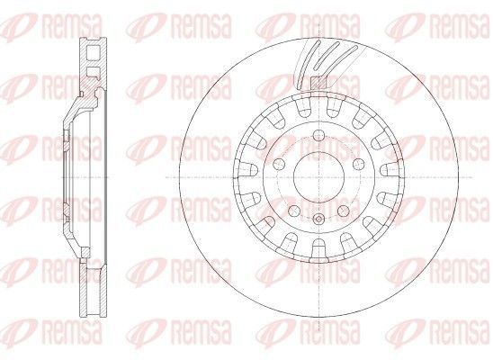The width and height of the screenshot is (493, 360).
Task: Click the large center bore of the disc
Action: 318,176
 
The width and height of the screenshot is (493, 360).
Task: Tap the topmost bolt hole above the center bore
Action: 318,136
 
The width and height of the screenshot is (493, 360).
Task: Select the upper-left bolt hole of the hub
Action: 279,164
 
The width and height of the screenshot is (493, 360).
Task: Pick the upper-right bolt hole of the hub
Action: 357,164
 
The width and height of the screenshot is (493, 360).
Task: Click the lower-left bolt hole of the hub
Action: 294,211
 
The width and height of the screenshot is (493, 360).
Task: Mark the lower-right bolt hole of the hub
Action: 343,211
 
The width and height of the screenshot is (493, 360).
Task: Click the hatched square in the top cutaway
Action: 318,82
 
